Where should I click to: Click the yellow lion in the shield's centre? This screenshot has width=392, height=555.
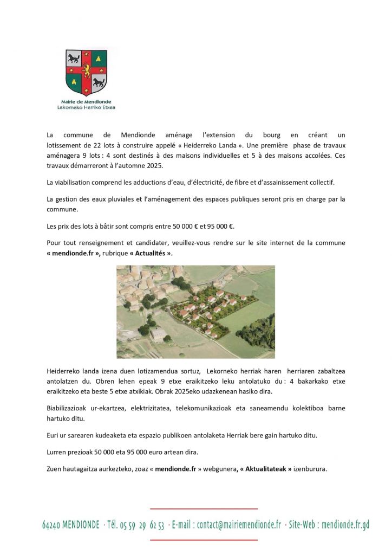(86, 70)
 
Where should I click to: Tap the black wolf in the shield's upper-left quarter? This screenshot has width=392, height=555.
(73, 57)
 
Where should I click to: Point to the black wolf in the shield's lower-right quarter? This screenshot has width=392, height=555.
(99, 82)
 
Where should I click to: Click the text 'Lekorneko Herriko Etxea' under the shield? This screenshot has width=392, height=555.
(86, 107)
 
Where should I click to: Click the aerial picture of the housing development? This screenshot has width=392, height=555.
(195, 312)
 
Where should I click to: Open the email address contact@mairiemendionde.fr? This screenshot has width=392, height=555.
(239, 525)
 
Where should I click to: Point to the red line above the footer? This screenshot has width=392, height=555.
(204, 509)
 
